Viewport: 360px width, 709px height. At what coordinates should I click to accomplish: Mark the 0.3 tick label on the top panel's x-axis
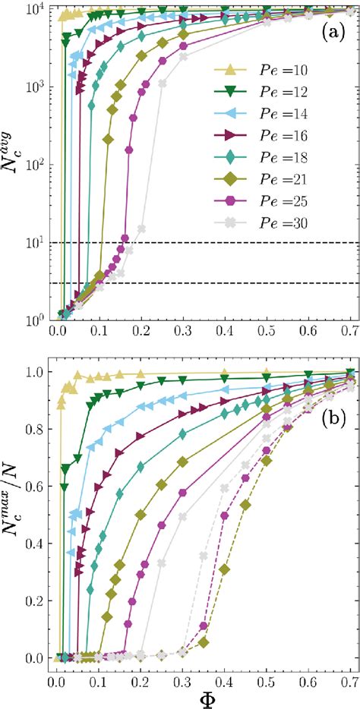point(182,332)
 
